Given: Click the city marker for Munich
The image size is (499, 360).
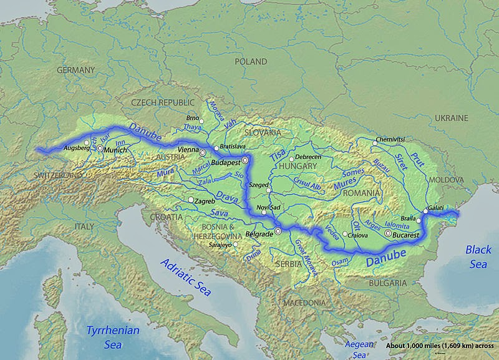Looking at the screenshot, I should click(100, 149).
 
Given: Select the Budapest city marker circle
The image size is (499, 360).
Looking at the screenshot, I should click(245, 161).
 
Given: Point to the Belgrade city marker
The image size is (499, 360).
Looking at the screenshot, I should click(279, 231).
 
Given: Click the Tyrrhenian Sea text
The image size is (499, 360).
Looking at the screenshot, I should click(113, 337).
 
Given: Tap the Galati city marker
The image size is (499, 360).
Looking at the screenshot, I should click(425, 212).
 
